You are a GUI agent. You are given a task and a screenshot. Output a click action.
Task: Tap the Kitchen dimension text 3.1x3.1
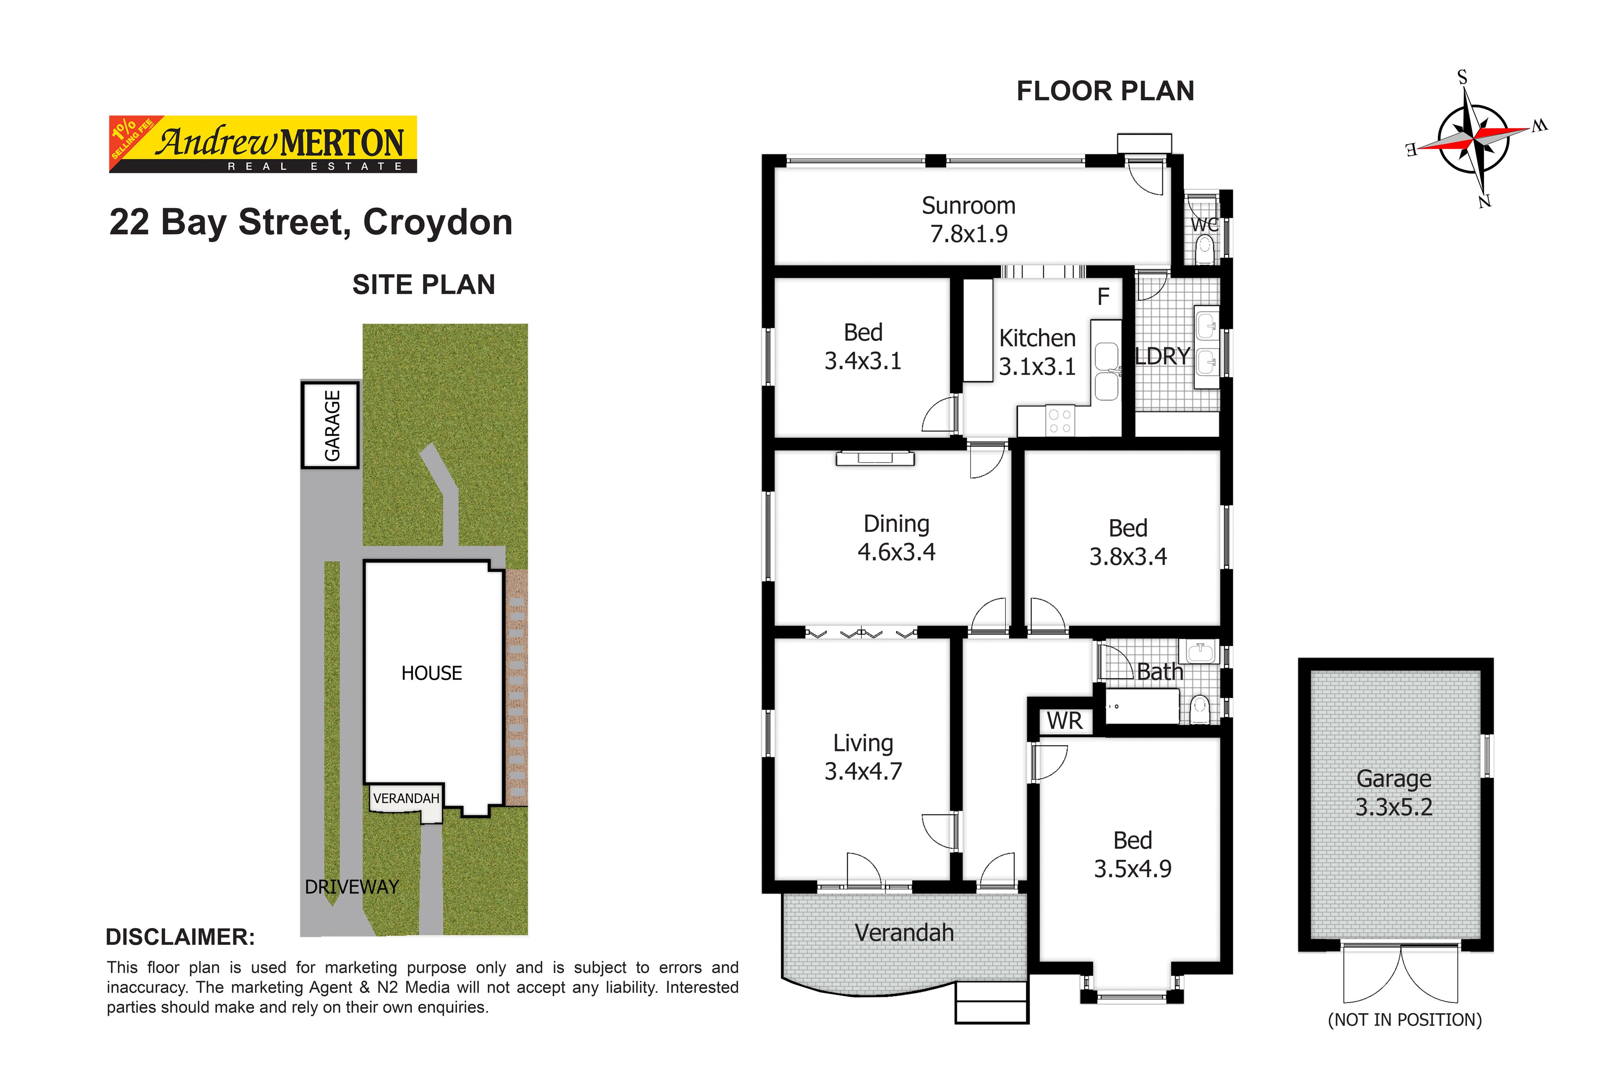coord(1037,367)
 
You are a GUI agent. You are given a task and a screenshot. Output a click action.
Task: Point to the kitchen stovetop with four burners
coord(1060,421)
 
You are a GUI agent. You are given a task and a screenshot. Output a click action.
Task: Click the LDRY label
coord(1163,356)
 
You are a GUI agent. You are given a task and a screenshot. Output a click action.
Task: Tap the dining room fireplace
coord(875,459)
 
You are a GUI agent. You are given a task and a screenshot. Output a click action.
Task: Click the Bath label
coord(1160,672)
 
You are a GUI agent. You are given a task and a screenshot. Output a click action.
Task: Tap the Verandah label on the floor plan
coord(904,933)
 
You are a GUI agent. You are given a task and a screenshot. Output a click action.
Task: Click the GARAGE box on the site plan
coord(330,425)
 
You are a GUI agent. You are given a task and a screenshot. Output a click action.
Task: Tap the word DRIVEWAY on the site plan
coord(352,887)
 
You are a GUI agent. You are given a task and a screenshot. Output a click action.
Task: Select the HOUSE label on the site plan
coord(432,673)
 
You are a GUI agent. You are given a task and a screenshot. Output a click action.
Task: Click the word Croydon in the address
coord(438,222)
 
